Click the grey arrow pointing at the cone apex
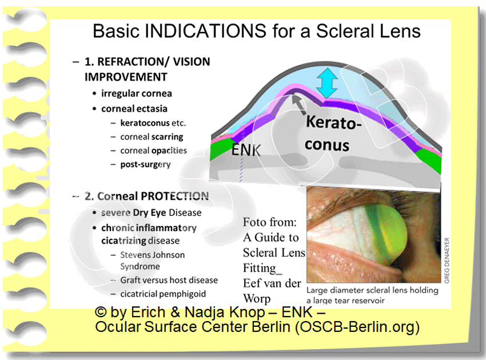coord(298,102)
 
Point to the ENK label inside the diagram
coord(246,151)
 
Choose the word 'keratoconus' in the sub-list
coord(145,122)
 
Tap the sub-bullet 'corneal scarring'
coord(152,137)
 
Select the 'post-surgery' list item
coord(145,164)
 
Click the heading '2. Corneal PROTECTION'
coord(146,196)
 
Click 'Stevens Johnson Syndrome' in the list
coord(152,260)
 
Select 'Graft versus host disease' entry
coord(169,280)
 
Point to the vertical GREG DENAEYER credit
coord(447,259)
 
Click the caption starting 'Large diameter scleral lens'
coord(372,295)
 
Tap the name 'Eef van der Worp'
coord(272,289)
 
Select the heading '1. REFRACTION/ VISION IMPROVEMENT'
coord(147,69)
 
